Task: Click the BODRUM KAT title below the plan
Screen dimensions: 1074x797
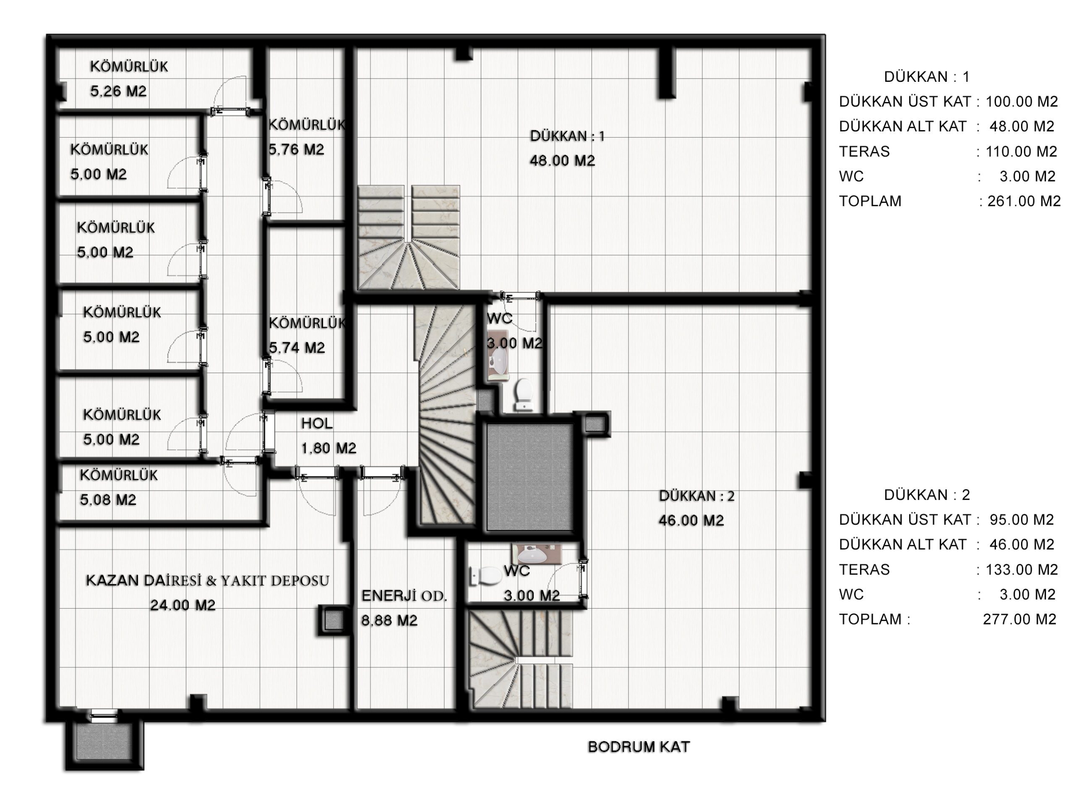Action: (639, 747)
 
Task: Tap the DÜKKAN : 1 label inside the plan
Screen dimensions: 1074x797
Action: (567, 136)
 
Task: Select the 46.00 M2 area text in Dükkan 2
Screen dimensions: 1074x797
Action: (691, 520)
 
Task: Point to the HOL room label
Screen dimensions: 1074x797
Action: (317, 423)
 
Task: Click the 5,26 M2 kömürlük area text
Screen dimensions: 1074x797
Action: (118, 91)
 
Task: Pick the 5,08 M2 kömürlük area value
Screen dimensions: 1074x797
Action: (108, 499)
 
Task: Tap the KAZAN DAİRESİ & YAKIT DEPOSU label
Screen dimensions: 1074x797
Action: (207, 580)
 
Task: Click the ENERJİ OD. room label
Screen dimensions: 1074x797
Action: (404, 596)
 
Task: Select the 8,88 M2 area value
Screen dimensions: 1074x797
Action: (389, 620)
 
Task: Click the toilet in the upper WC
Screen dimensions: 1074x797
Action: (523, 393)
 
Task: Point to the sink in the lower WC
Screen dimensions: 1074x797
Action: (532, 555)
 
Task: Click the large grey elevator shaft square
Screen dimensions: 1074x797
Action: (529, 477)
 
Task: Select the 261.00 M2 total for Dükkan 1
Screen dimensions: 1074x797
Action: (1024, 201)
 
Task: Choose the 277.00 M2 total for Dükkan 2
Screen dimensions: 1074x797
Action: (1019, 619)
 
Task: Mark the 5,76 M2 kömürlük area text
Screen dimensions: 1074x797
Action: (296, 149)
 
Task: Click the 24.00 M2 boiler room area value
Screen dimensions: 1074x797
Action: (183, 604)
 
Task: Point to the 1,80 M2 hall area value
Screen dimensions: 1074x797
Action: (328, 448)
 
